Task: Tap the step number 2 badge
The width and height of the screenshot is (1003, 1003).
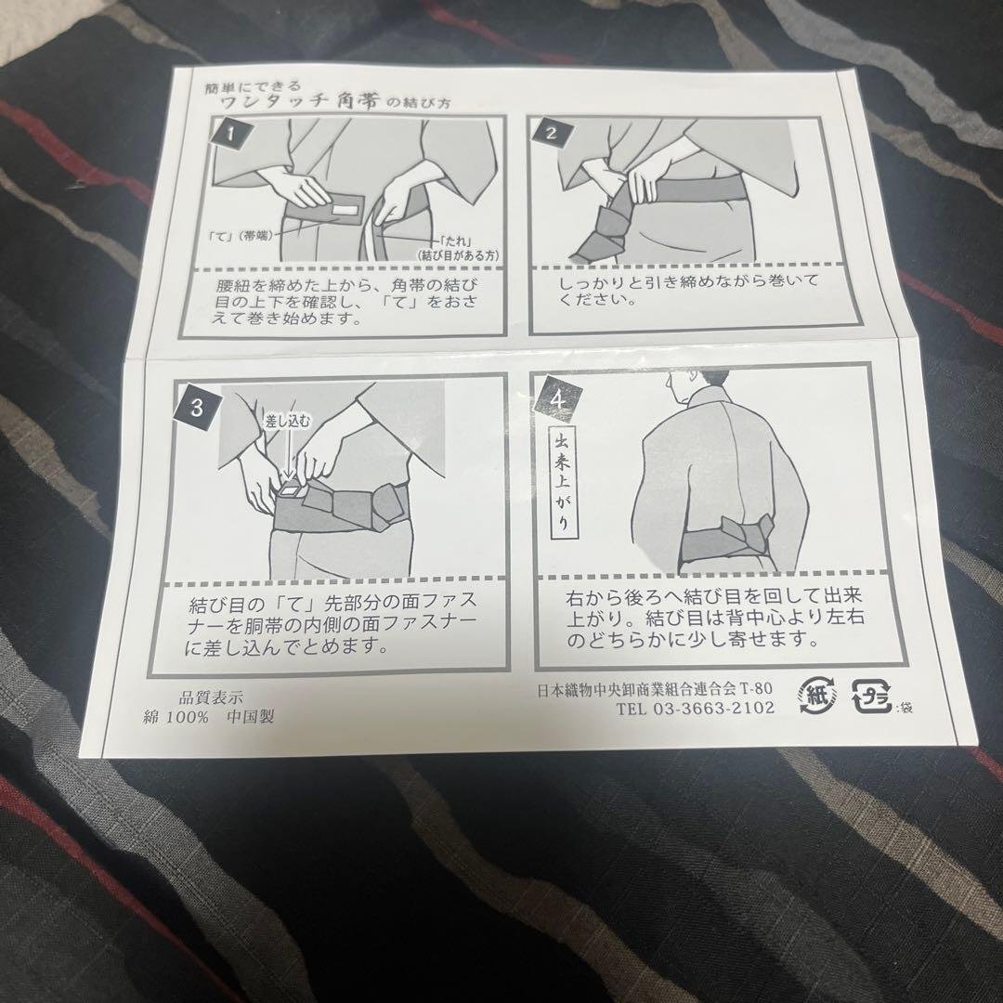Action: pyautogui.click(x=551, y=134)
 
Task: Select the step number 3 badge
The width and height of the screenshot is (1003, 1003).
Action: pyautogui.click(x=197, y=407)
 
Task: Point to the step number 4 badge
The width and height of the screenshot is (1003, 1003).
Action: pyautogui.click(x=558, y=401)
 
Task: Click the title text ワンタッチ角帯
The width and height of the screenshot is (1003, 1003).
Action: pyautogui.click(x=301, y=101)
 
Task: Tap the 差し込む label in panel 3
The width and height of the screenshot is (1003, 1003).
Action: pyautogui.click(x=287, y=421)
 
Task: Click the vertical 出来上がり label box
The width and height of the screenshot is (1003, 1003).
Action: pyautogui.click(x=561, y=482)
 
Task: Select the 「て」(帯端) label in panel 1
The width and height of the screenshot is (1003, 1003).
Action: pyautogui.click(x=242, y=235)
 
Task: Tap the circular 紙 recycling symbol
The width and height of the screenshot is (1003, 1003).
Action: pyautogui.click(x=817, y=696)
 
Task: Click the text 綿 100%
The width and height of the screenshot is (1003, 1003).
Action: pyautogui.click(x=176, y=717)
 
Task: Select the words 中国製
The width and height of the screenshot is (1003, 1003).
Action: pyautogui.click(x=250, y=716)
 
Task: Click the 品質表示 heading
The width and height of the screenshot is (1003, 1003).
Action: pyautogui.click(x=211, y=697)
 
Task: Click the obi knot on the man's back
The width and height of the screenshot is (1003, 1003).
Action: pyautogui.click(x=747, y=535)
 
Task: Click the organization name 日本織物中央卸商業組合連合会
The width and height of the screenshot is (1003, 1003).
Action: pyautogui.click(x=636, y=689)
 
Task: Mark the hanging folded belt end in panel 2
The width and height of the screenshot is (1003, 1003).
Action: pyautogui.click(x=600, y=229)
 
